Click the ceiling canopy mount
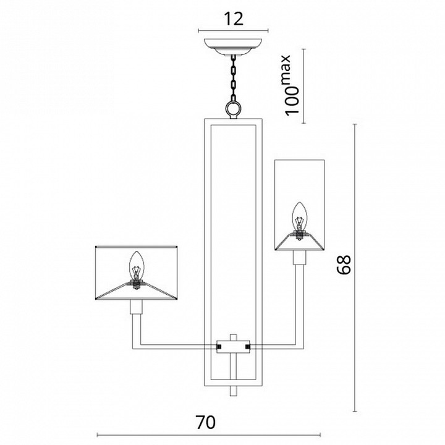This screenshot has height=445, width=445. coord(233,48)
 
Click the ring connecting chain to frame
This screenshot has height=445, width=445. coord(233,109)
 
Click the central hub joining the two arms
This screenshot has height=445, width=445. coord(233,347)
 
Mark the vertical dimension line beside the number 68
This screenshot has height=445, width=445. coord(355,266)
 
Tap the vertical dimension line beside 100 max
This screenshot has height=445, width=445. coord(303,87)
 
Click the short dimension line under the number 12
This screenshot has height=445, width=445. coord(234,31)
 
